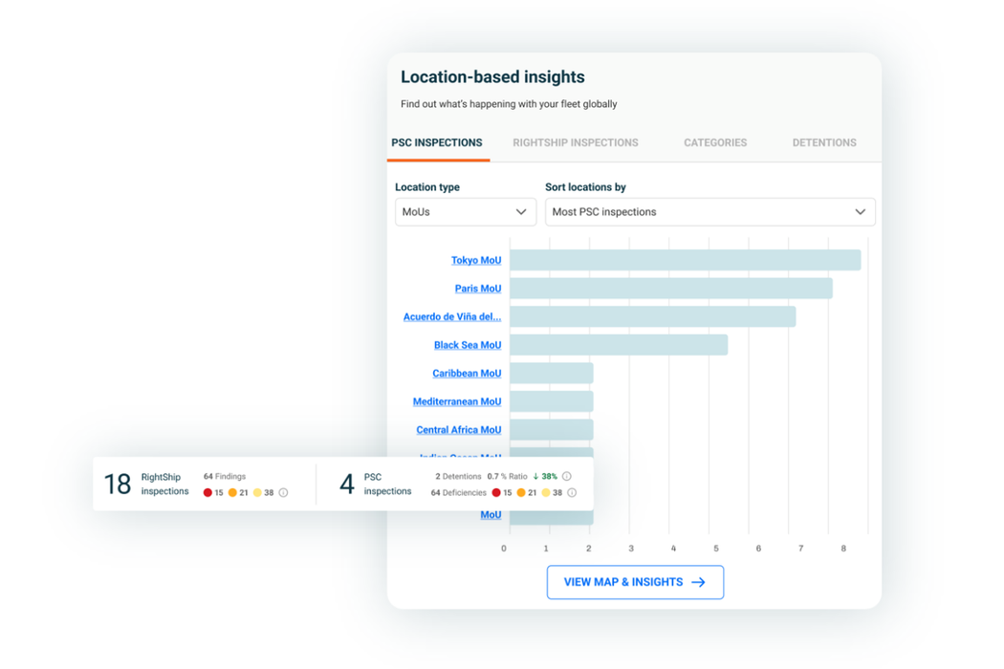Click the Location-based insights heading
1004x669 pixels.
[492, 77]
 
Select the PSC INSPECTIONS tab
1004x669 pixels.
[437, 142]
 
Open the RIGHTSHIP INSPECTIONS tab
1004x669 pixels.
[576, 142]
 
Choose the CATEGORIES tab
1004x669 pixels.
[715, 142]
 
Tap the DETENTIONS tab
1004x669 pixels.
[824, 142]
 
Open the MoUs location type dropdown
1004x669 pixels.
[466, 212]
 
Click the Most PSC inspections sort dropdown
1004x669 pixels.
[709, 212]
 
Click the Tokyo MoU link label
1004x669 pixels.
[476, 260]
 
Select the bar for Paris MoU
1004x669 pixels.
[670, 289]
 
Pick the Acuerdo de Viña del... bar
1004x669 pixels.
[652, 316]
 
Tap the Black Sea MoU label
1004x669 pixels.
[468, 345]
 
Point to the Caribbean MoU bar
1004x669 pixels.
[552, 374]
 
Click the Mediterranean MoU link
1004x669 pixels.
[457, 401]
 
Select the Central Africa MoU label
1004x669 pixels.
[459, 430]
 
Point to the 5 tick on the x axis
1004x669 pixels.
[716, 549]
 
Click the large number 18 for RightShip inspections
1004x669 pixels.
[118, 485]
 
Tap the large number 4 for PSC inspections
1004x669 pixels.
[347, 485]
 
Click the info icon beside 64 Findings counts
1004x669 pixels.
[283, 493]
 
